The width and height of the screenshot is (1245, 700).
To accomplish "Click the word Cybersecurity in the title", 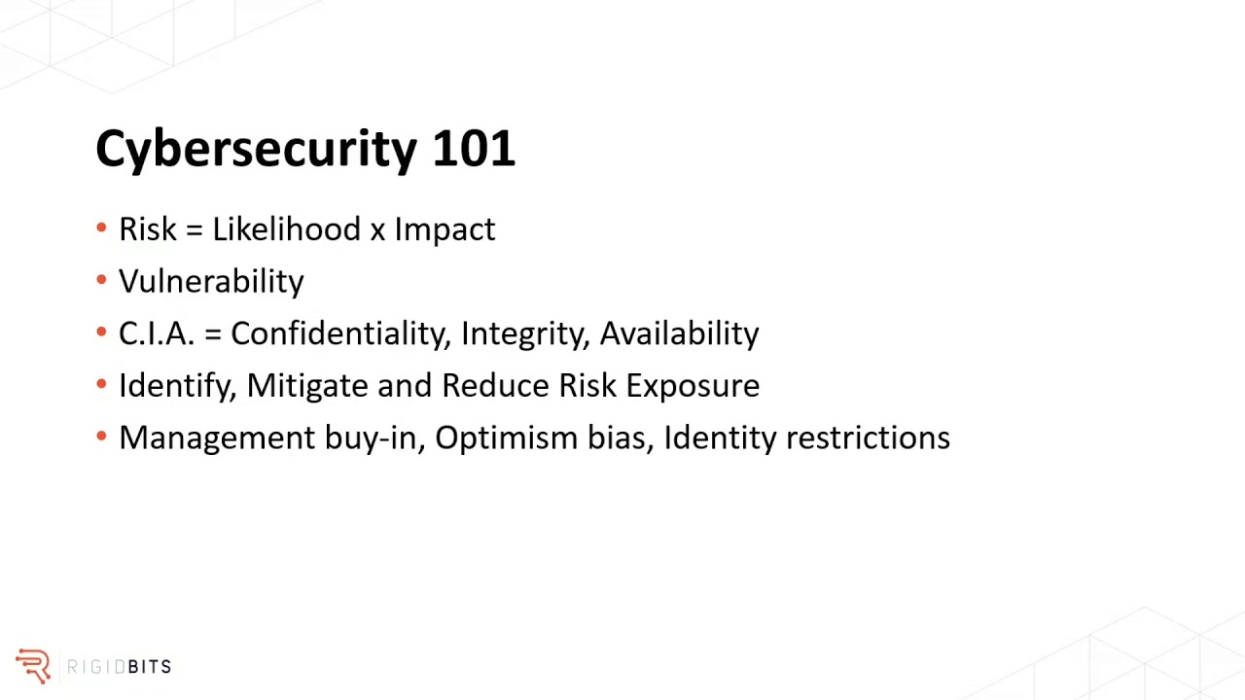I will click(x=256, y=150).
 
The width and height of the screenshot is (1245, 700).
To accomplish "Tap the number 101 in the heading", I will click(x=473, y=149).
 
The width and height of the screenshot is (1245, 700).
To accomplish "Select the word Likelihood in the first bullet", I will click(x=286, y=229).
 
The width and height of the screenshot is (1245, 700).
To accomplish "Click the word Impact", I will click(x=445, y=230).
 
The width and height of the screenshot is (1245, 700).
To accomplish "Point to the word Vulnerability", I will click(x=211, y=282).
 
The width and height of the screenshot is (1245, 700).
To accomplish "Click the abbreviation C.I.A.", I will click(x=157, y=333).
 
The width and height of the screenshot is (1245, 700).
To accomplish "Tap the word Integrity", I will click(x=525, y=334).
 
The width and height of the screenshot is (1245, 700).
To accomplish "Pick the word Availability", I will click(x=679, y=334).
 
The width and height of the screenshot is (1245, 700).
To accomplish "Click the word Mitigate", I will click(x=306, y=386).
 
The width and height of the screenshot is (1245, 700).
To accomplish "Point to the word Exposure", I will click(x=693, y=386).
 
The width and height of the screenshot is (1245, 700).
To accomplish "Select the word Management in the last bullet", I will click(x=217, y=438).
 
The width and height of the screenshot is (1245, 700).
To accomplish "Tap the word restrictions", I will click(x=868, y=437).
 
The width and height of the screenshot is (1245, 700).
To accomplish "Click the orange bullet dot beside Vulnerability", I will click(x=102, y=280).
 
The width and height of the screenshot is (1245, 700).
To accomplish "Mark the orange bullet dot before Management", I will click(x=102, y=437).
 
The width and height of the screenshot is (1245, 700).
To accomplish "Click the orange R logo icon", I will click(x=33, y=666).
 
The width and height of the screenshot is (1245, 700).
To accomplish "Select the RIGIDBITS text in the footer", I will click(x=119, y=667).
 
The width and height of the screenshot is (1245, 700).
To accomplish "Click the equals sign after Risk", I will click(x=194, y=230).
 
